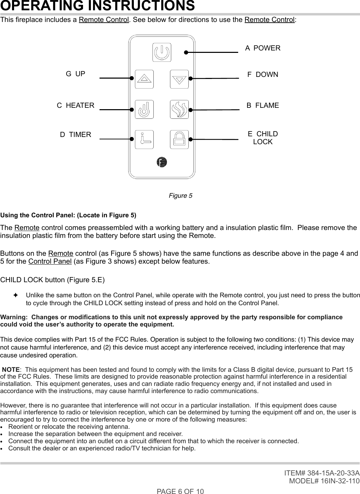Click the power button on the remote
pyautogui.click(x=162, y=53)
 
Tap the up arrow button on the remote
pyautogui.click(x=144, y=79)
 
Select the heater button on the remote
pyautogui.click(x=144, y=110)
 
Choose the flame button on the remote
pyautogui.click(x=179, y=110)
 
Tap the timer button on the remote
pyautogui.click(x=144, y=139)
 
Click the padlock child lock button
pyautogui.click(x=179, y=139)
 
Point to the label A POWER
pyautogui.click(x=263, y=48)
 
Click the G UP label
pyautogui.click(x=76, y=74)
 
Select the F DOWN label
pyautogui.click(x=263, y=74)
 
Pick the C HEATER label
pyautogui.click(x=76, y=105)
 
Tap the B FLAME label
pyautogui.click(x=263, y=105)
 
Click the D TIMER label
pyautogui.click(x=76, y=135)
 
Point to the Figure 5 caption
pyautogui.click(x=181, y=196)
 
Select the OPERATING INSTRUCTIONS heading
pyautogui.click(x=98, y=6)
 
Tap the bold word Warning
pyautogui.click(x=14, y=317)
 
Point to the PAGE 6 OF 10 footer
pyautogui.click(x=180, y=491)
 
